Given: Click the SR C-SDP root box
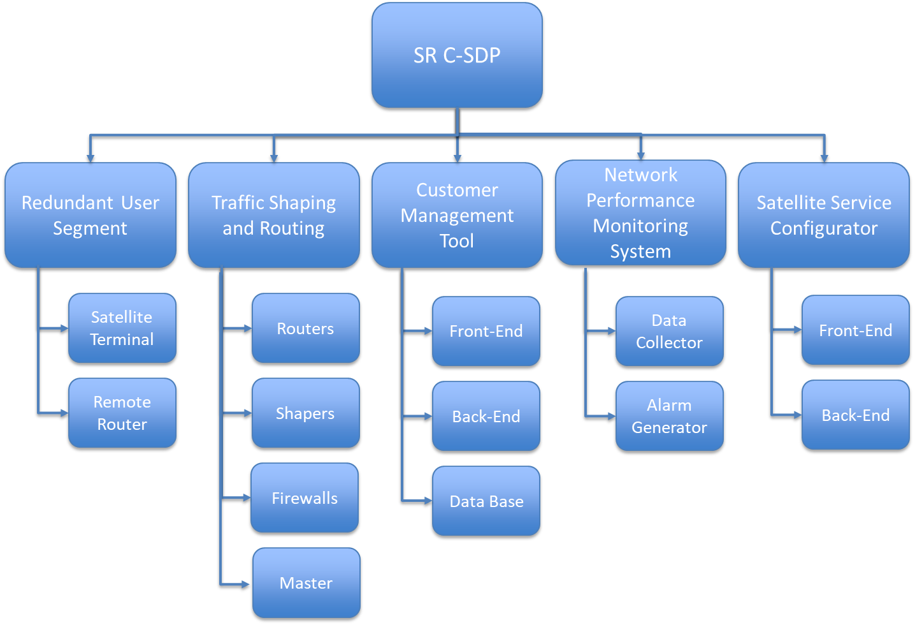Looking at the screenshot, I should click(457, 55).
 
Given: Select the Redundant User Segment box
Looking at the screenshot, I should click(90, 215).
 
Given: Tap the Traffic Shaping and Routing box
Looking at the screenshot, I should click(274, 215).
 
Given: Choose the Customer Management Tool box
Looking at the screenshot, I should click(457, 215).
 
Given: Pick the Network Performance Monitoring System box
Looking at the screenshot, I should click(640, 212).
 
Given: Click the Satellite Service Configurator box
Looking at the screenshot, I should click(824, 215).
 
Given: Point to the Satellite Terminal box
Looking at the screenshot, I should click(122, 328).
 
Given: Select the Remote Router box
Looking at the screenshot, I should click(122, 413).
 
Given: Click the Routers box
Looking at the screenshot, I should click(306, 328).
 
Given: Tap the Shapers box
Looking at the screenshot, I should click(306, 413).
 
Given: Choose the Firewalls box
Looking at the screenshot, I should click(305, 497).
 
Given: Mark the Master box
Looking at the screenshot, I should click(306, 582).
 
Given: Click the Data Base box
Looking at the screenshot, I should click(486, 501).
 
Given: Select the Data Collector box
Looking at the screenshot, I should click(670, 331).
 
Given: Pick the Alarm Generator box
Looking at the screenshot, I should click(670, 416).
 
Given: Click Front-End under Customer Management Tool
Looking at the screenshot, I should click(486, 331).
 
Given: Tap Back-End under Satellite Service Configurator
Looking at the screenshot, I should click(856, 415).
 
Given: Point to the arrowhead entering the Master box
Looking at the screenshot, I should click(246, 584).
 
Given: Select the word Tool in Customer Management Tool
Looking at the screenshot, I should click(457, 241).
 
